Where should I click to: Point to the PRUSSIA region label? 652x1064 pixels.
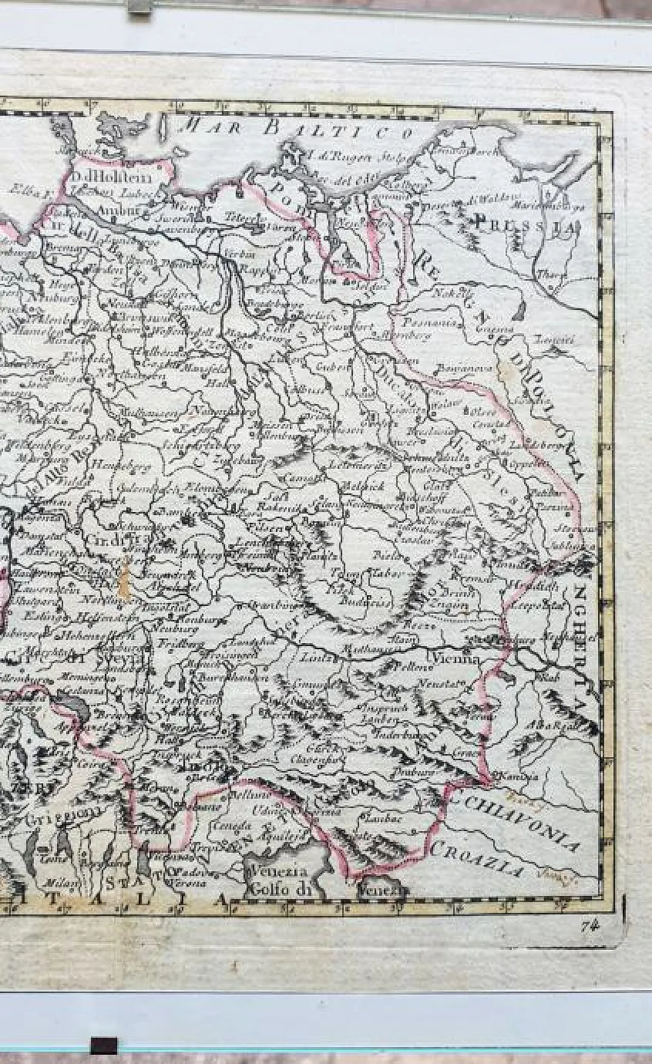point(528,225)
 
